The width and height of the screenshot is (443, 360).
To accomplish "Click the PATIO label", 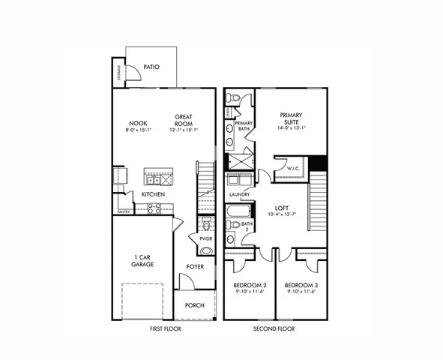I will coord(152,67).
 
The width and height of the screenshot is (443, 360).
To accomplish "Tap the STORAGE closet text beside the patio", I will coord(118,73).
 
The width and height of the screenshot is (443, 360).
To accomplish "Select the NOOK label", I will coord(138,123).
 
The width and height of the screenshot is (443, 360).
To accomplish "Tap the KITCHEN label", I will coord(153,195).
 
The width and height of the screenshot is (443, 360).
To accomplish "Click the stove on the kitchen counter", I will coord(154,208).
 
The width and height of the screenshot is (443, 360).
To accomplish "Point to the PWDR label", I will coord(205,238).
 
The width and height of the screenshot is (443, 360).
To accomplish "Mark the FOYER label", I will coord(196,266).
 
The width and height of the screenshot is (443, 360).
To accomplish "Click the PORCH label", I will coord(196,305).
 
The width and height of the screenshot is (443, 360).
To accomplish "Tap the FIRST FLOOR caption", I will coord(164,328).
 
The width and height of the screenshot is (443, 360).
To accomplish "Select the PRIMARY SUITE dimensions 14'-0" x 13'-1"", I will coord(292,128).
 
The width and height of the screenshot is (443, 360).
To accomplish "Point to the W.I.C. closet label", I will coord(293,169).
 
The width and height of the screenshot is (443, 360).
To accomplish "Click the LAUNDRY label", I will coord(239,194).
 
